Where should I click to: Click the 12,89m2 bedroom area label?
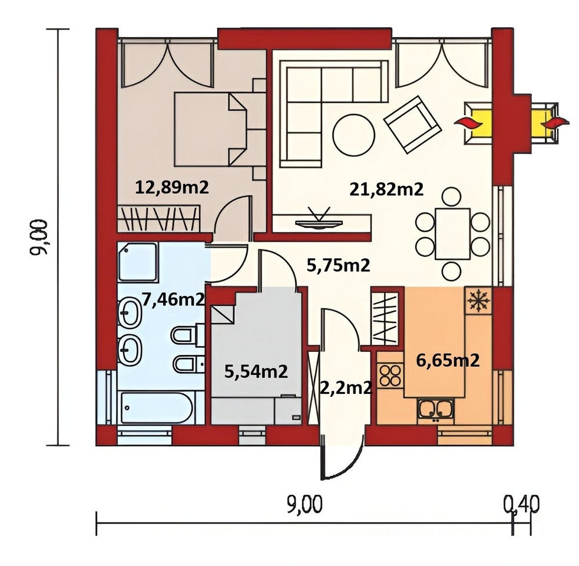[x=172, y=187]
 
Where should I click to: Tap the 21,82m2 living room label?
[x=386, y=190]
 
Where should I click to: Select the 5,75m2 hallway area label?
[x=338, y=265]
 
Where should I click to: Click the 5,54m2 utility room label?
[x=256, y=371]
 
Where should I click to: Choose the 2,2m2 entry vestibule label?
[x=345, y=388]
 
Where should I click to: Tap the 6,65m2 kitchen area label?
[x=448, y=360]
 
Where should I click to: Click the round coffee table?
[x=354, y=135]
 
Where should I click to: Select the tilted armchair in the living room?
[x=412, y=124]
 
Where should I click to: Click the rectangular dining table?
[x=453, y=233]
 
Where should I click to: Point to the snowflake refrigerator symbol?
[x=478, y=300]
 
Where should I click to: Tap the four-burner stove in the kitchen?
[x=391, y=375]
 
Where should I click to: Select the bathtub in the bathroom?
[x=157, y=407]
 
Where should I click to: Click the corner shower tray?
[x=138, y=262]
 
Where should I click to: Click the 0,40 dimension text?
[x=521, y=504]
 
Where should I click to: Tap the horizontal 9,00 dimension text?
[x=305, y=504]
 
